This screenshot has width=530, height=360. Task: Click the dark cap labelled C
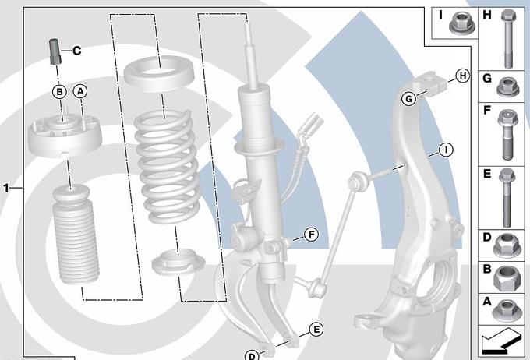pos(55,51)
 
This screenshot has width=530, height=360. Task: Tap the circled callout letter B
pos(59,92)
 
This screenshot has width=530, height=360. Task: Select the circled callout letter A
pos(80,91)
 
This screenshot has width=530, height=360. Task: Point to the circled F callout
pos(311,235)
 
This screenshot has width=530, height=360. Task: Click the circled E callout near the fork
pos(316,330)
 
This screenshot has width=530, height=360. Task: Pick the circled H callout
pos(463,76)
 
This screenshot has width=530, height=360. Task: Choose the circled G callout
pos(409,99)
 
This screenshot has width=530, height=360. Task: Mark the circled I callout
pos(446,150)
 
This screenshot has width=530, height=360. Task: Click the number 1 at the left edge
pos(5,188)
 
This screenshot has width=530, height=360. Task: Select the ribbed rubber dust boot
pos(76,235)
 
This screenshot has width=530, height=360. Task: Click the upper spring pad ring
pos(158,74)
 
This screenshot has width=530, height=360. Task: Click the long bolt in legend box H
pos(508,39)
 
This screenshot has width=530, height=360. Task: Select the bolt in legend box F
pos(507,135)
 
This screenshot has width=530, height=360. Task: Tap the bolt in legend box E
pos(507,198)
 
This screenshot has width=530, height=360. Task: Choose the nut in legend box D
pos(507,245)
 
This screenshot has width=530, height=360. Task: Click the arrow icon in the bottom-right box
pos(500,341)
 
